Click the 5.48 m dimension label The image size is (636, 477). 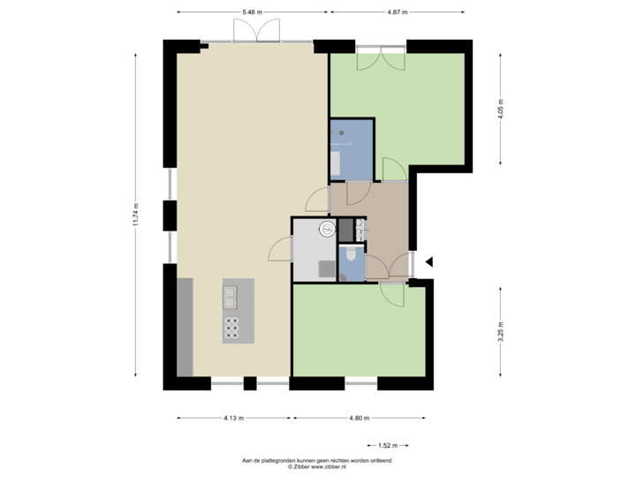point(253,11)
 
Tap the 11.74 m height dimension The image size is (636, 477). point(136,215)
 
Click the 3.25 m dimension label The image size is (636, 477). point(501,330)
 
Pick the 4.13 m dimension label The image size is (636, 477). point(233,418)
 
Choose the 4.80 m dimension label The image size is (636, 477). point(359,418)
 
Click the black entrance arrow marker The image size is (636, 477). point(430,261)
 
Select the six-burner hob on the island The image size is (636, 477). point(231,327)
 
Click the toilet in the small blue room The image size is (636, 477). point(352,256)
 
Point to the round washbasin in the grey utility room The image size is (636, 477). point(326,228)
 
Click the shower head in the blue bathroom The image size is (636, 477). point(341,134)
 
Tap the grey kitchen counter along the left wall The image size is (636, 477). point(185,326)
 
